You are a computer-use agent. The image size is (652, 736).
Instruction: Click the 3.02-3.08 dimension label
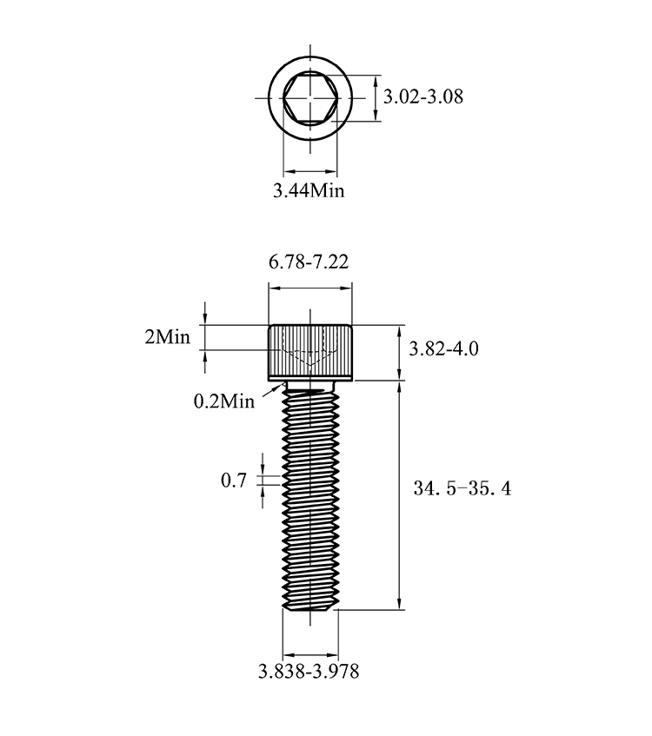click(423, 96)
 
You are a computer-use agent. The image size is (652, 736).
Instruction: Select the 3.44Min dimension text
click(309, 190)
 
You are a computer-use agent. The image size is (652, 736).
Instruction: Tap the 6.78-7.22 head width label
click(309, 262)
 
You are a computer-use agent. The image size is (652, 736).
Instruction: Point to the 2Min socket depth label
click(167, 337)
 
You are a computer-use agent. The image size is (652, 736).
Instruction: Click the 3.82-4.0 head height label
click(443, 348)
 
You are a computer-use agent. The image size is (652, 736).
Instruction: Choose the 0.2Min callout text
click(224, 401)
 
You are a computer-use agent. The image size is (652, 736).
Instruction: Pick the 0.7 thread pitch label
click(234, 481)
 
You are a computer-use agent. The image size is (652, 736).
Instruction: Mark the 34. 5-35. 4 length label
click(462, 488)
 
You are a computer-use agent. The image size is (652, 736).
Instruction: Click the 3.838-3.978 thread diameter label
click(309, 671)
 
